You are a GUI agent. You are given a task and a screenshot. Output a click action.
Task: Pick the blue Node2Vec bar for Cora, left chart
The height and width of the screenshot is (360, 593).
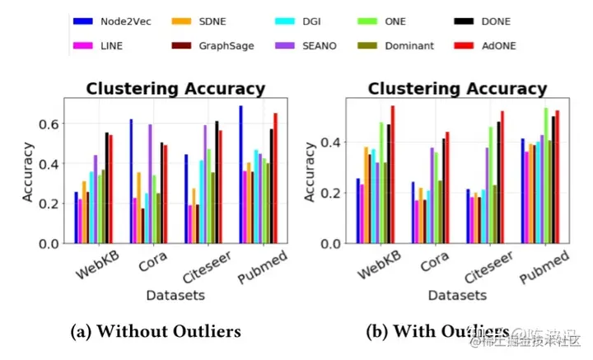point(130,181)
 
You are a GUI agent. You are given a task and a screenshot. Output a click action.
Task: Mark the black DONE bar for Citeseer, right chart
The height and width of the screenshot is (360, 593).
point(498,183)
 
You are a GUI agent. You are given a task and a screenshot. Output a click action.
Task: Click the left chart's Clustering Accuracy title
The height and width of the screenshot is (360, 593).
point(176,89)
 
